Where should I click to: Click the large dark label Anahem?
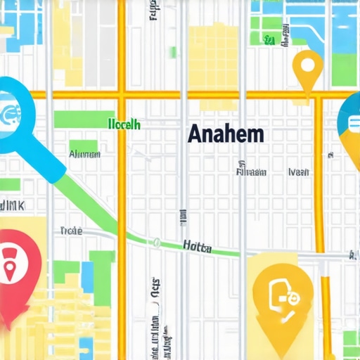226,134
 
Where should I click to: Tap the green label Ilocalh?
124,124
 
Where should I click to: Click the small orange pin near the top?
307,70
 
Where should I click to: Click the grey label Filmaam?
251,171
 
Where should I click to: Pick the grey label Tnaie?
72,230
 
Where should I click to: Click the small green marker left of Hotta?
154,243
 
